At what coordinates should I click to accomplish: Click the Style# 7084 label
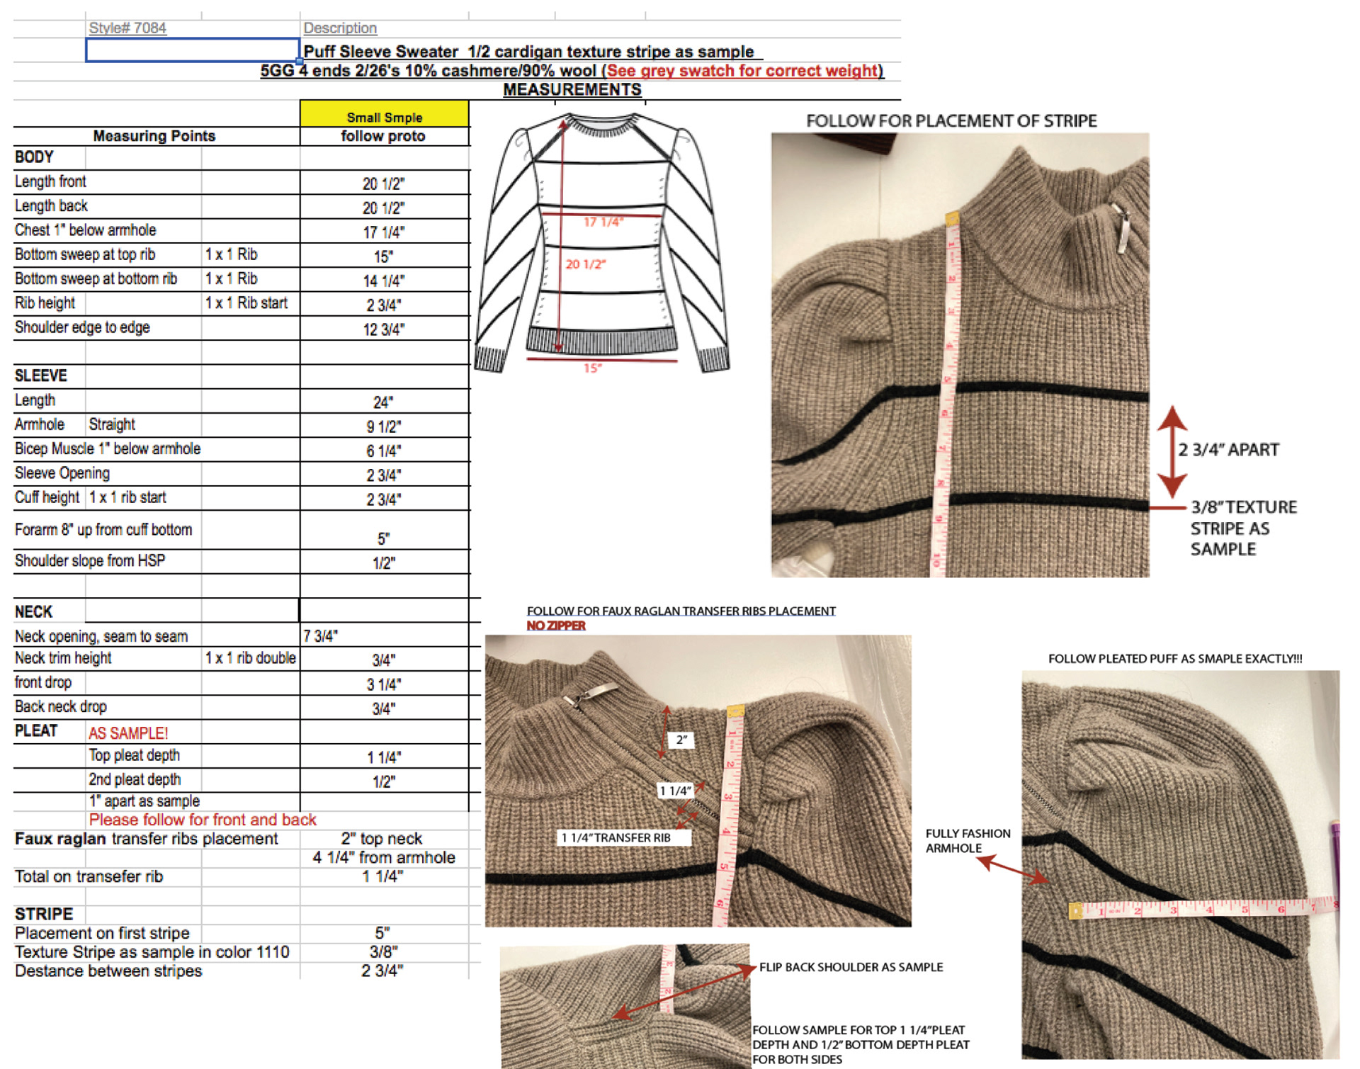(127, 28)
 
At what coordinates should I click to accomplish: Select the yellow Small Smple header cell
(384, 115)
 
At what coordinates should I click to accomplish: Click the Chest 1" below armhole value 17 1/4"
(384, 232)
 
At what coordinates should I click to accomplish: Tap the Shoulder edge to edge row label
(82, 327)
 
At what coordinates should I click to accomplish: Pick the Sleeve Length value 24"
(383, 402)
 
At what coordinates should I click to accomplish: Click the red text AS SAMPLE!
(128, 733)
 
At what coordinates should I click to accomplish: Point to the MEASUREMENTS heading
(572, 90)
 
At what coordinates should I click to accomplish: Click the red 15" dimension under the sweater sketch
(592, 368)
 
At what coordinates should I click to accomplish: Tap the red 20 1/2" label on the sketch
(585, 264)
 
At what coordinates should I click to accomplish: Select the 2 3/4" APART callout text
(1229, 450)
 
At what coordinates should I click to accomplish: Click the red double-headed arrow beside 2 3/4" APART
(1172, 451)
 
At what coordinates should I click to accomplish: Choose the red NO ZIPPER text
(556, 626)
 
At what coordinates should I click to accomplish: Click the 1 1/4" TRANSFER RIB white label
(616, 838)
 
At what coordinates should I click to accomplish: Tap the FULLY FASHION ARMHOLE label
(968, 841)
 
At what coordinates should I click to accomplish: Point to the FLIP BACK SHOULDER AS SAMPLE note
(851, 967)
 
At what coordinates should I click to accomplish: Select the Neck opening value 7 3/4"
(321, 636)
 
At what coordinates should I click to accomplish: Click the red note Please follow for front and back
(203, 820)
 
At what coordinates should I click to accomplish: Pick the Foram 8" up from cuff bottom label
(103, 530)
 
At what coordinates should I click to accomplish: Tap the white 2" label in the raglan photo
(681, 740)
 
